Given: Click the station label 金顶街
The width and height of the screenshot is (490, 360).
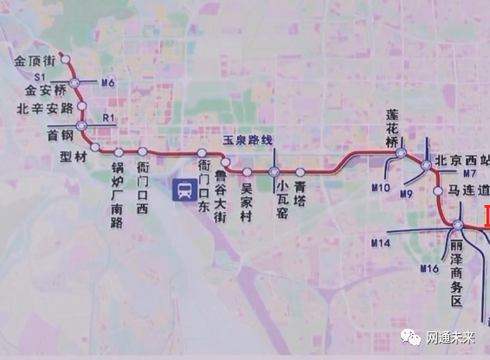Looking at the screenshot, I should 36,61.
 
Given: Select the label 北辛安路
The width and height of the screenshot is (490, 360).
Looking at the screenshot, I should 44,109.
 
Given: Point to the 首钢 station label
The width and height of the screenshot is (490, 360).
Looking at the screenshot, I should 60,135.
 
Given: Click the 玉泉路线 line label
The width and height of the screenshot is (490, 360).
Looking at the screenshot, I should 248,139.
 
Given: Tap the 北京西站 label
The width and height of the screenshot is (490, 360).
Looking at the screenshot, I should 461,160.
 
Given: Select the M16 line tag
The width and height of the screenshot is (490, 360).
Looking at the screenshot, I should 430,269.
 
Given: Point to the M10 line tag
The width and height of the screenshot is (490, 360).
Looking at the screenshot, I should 381,187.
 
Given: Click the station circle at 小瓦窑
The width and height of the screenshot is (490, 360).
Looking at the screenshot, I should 274,171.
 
